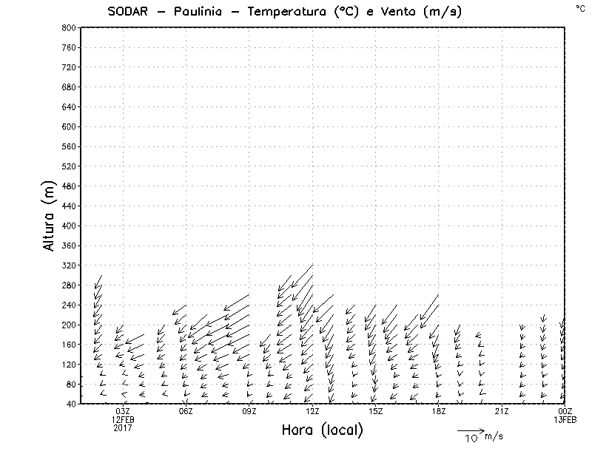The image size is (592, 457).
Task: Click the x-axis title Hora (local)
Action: tap(322, 430)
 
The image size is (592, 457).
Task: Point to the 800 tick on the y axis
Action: tap(69, 27)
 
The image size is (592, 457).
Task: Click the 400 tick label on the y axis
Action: tap(69, 226)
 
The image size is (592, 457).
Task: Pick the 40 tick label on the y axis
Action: tap(71, 404)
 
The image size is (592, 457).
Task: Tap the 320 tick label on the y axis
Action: tap(69, 265)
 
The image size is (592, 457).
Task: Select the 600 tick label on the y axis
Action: tap(69, 126)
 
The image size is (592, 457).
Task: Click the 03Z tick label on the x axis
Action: tap(123, 411)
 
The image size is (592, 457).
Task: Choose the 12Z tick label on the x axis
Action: tap(312, 411)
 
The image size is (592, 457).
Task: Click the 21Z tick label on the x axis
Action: tap(502, 411)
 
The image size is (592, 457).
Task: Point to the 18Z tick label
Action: tap(439, 411)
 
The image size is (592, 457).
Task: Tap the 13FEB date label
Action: tap(565, 419)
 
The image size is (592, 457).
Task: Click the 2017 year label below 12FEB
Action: tap(123, 427)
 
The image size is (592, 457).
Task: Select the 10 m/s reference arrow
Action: tap(470, 430)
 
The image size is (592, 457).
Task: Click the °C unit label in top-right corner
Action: tap(580, 7)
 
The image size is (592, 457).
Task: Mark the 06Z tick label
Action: tap(186, 411)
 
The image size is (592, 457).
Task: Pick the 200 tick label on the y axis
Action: tap(69, 325)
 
